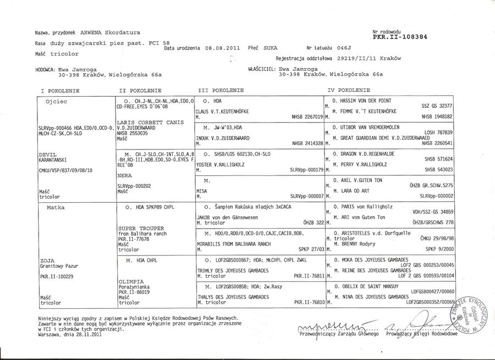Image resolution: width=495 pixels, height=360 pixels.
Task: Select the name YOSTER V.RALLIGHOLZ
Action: [221, 164]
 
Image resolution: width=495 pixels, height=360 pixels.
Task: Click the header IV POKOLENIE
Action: [350, 90]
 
